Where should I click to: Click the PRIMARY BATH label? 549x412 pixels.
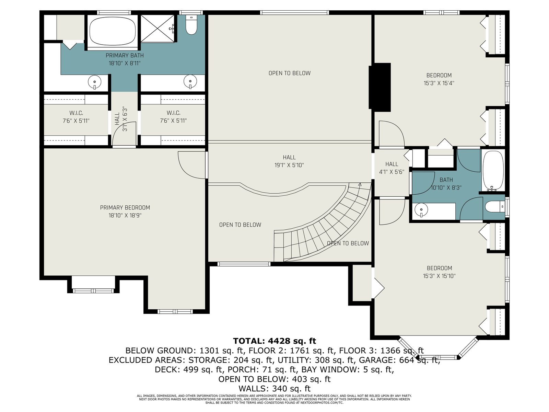point(125,55)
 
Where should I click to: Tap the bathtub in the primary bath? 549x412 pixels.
point(113,31)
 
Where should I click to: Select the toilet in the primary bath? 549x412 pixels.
point(191,25)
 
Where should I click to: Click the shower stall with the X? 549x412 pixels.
point(157,28)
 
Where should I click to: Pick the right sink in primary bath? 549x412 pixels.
point(190,82)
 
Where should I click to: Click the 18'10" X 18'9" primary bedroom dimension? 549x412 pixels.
point(125,215)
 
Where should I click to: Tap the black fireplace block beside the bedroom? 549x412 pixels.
point(380,87)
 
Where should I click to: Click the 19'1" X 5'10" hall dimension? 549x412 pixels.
point(289,165)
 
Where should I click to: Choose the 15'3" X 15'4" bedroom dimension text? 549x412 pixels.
point(439,83)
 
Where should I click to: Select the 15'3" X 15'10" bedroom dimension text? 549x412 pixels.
point(439,276)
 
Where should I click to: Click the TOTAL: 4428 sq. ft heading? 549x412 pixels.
point(274,341)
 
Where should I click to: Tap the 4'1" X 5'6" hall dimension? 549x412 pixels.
point(392,172)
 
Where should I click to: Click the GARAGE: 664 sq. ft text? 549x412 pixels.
point(399,360)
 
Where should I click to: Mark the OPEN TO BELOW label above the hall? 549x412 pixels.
point(289,73)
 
